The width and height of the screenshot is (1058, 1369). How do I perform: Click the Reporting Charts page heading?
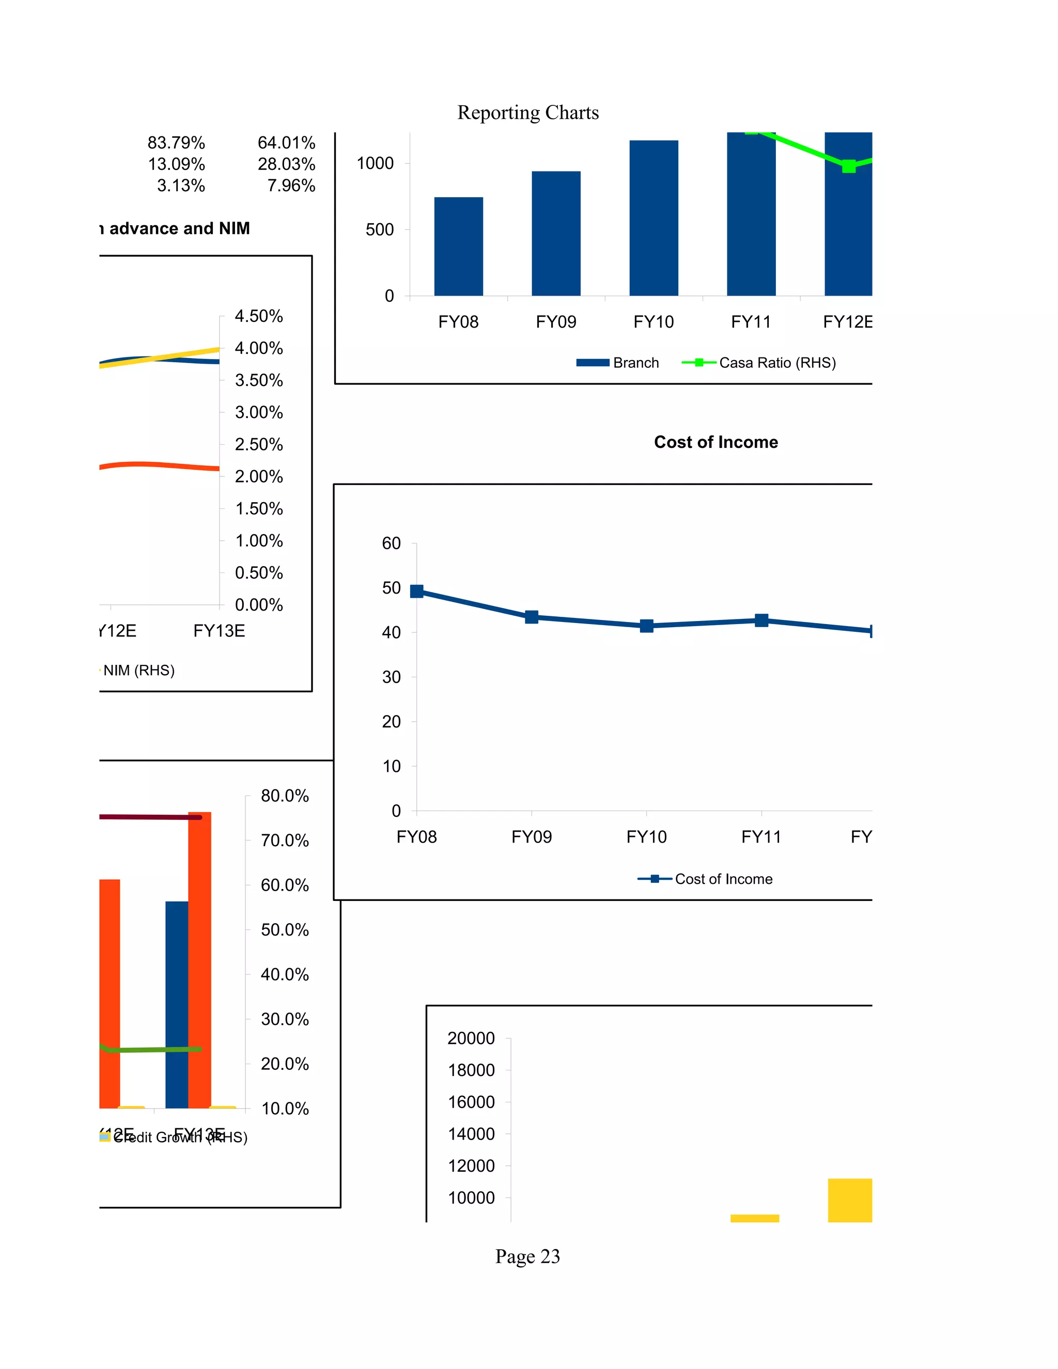tap(528, 112)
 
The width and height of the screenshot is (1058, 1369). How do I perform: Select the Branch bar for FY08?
tap(458, 246)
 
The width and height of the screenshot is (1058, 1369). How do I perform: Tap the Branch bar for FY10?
tap(653, 217)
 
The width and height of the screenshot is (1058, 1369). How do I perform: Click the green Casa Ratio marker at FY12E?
tap(848, 166)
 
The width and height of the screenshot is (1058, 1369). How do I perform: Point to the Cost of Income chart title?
tap(716, 442)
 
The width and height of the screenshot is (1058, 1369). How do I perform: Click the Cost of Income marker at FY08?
tap(416, 591)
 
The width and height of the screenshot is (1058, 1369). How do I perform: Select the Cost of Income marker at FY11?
tap(761, 620)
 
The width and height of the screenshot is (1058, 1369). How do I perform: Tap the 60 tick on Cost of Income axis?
tap(391, 543)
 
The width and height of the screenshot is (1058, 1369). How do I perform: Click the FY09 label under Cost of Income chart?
tap(531, 837)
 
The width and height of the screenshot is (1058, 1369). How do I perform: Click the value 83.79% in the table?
tap(176, 143)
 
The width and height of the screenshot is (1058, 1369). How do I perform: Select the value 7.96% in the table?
tap(291, 185)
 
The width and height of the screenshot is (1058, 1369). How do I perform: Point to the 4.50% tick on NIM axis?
tap(258, 316)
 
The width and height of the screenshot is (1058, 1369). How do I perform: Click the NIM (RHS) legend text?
tap(138, 670)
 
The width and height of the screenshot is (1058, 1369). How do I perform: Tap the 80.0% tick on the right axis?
tap(285, 796)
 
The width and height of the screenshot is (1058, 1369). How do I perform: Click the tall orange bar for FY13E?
tap(199, 959)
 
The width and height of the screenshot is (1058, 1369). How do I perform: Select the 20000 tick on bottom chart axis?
tap(471, 1039)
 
